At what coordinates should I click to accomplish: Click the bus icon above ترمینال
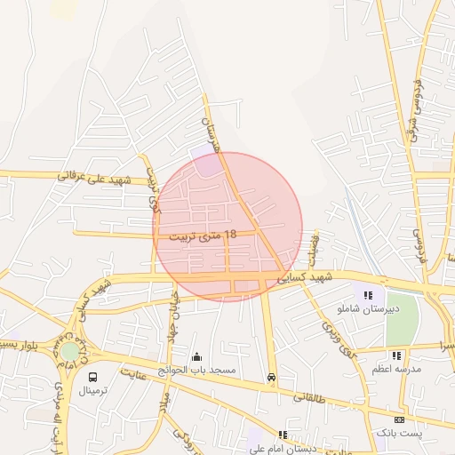point(92,377)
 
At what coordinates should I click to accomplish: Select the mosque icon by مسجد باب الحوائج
point(196,357)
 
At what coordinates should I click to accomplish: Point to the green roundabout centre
point(69,351)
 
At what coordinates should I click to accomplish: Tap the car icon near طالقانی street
point(270,377)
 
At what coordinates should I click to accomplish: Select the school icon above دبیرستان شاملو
point(367,295)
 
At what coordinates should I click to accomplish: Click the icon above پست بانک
point(399,419)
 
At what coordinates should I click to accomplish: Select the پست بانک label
point(395,432)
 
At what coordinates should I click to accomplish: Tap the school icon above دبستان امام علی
point(283,435)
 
